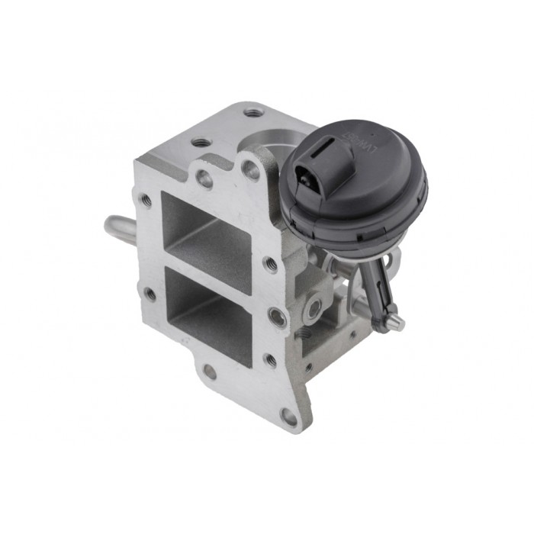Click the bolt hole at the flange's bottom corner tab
click(x=288, y=417)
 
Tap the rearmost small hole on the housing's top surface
click(x=254, y=112)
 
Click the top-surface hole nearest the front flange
click(x=201, y=142)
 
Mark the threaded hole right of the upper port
click(x=270, y=264)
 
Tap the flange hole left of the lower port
click(x=150, y=294)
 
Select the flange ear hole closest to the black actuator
click(x=250, y=170)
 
